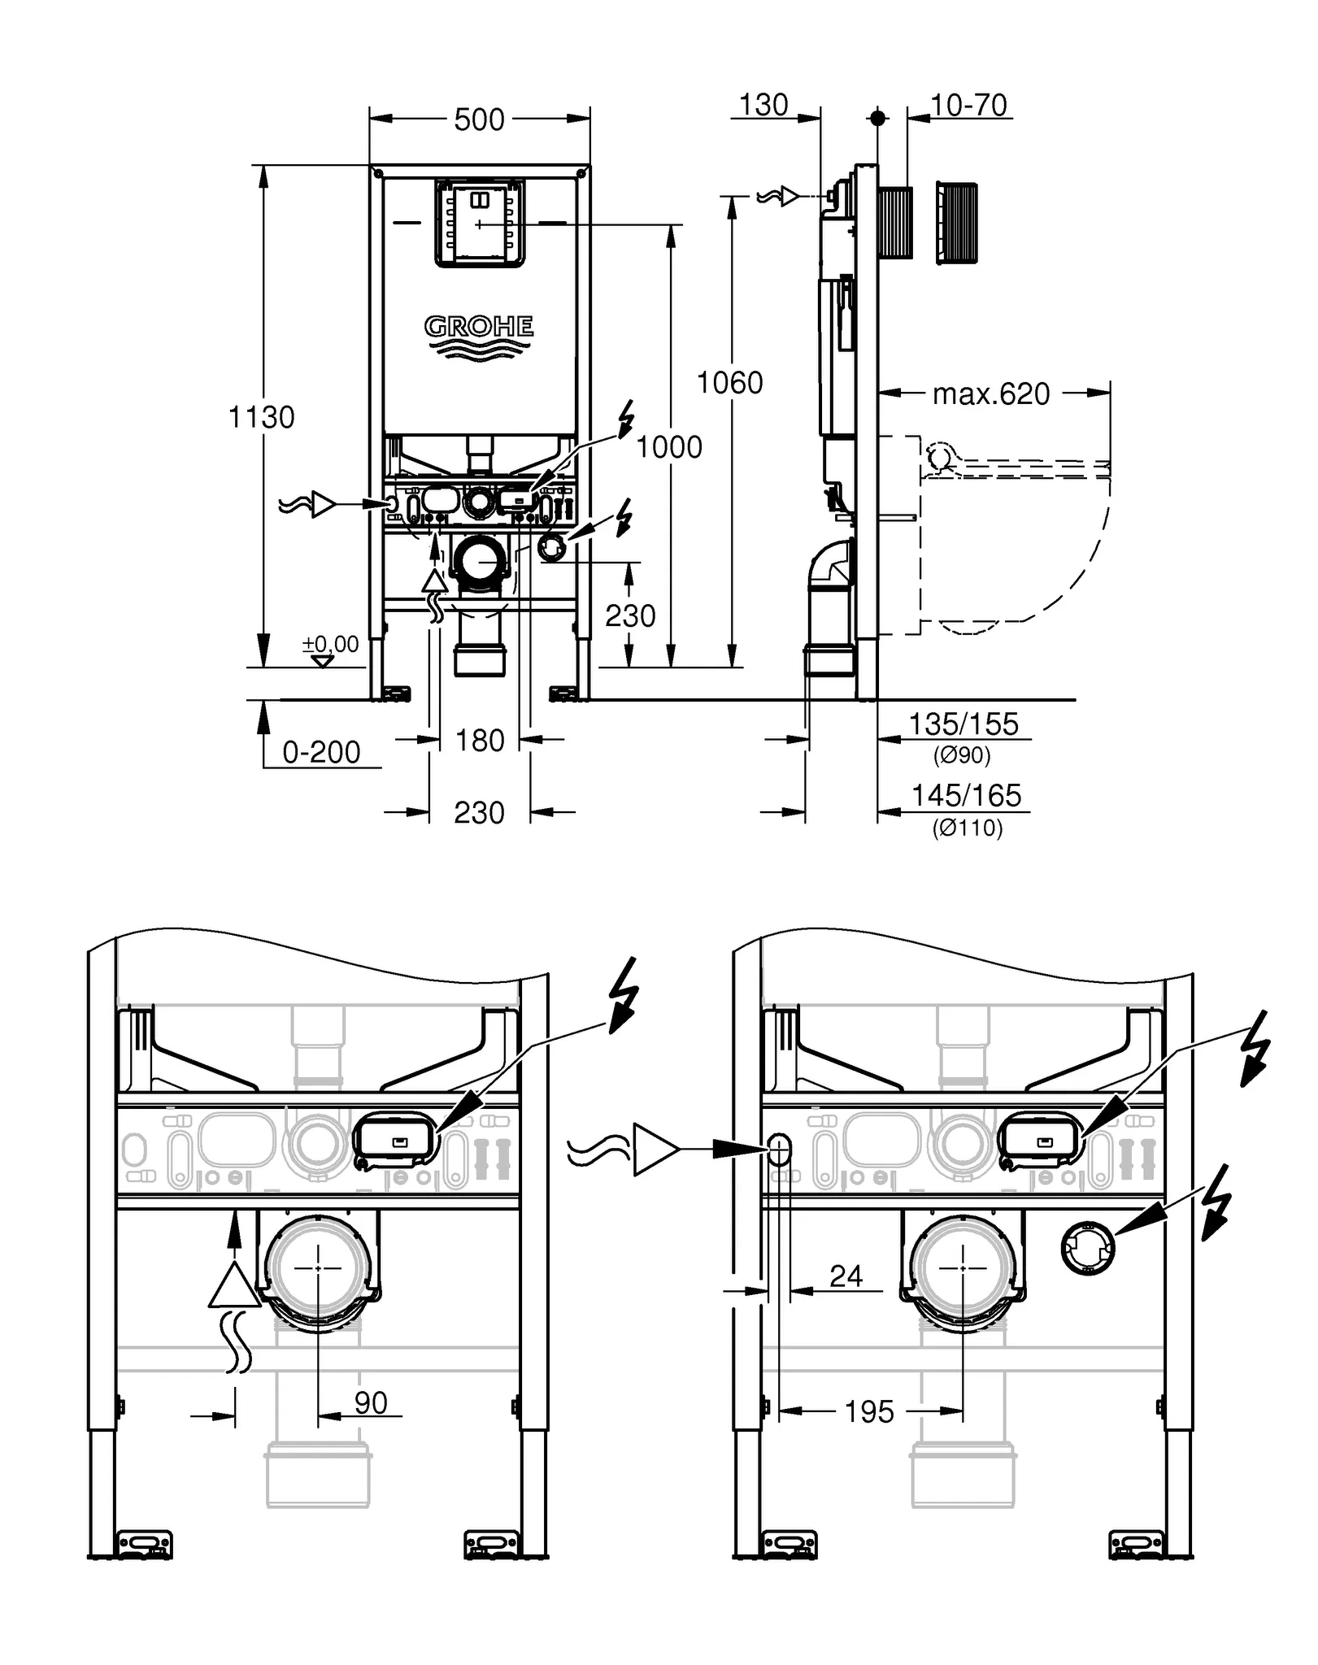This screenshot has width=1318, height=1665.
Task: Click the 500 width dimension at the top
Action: (x=479, y=120)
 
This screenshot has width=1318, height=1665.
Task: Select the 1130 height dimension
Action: (x=261, y=417)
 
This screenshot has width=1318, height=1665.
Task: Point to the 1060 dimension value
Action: (x=729, y=382)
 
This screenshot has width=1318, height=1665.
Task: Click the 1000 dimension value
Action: (x=668, y=446)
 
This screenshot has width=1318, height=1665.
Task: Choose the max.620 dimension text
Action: (x=990, y=394)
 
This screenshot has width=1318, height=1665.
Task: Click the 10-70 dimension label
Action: (x=968, y=105)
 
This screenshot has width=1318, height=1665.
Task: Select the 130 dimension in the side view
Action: (x=763, y=105)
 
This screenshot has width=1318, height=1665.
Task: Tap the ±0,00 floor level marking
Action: (x=330, y=645)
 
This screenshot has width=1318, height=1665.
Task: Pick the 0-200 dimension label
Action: (x=321, y=752)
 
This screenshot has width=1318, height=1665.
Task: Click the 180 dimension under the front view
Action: (x=480, y=741)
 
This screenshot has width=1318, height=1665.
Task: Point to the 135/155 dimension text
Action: (x=963, y=724)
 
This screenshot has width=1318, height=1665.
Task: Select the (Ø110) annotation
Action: (x=967, y=828)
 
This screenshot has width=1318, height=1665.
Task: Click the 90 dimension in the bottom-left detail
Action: (x=371, y=1402)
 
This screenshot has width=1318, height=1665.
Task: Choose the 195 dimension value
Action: (x=868, y=1411)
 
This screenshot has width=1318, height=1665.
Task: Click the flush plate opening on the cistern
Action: (x=479, y=224)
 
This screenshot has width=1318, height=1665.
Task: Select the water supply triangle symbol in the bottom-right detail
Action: (x=655, y=1149)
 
